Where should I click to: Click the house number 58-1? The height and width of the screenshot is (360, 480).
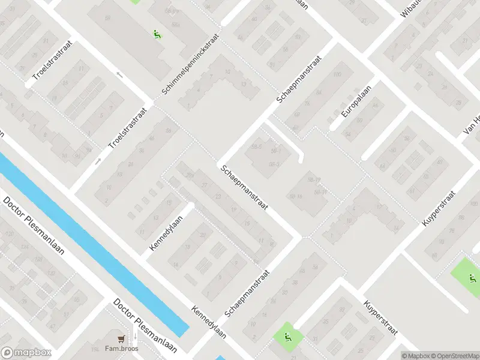(276, 151)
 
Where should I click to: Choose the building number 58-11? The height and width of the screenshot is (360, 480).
(320, 192)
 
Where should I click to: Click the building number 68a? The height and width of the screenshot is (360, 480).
(176, 24)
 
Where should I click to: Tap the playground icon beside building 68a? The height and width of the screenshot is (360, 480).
(158, 34)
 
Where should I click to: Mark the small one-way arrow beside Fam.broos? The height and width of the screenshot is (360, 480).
(134, 338)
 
